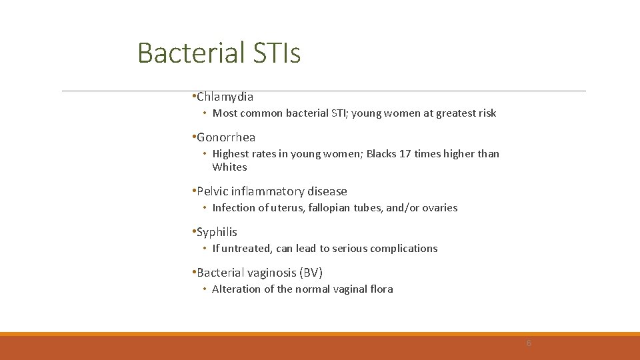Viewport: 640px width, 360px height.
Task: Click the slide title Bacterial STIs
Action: click(x=219, y=53)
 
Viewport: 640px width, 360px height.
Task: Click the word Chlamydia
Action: click(x=225, y=97)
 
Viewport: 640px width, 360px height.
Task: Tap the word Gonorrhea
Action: click(x=226, y=137)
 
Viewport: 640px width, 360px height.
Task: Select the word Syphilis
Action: click(x=217, y=232)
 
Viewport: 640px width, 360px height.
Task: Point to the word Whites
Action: click(x=229, y=167)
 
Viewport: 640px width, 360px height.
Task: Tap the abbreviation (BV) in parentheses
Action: click(x=311, y=273)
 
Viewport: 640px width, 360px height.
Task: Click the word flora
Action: click(x=380, y=289)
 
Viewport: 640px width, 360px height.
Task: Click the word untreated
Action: click(x=246, y=249)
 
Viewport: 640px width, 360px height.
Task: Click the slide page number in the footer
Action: click(x=529, y=343)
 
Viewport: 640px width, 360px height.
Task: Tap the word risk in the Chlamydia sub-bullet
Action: click(x=486, y=113)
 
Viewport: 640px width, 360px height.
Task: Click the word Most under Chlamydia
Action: click(x=225, y=113)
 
